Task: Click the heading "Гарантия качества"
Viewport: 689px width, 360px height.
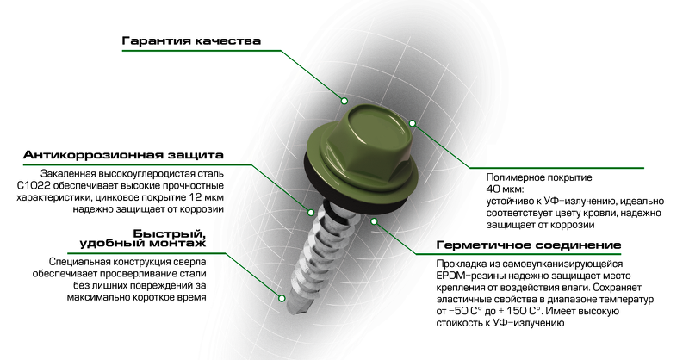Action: click(x=191, y=41)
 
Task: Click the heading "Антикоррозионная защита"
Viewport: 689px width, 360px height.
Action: click(x=123, y=155)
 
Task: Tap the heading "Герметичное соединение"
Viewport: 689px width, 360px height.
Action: click(x=529, y=245)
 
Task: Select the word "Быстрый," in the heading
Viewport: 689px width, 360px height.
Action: click(x=170, y=233)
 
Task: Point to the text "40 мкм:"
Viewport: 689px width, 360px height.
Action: click(x=505, y=189)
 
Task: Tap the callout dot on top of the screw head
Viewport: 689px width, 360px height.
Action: click(x=344, y=101)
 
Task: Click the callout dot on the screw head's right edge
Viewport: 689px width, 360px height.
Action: click(x=413, y=123)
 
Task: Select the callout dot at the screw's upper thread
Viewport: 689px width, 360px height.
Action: click(x=311, y=213)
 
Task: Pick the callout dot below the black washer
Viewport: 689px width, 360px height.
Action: click(x=374, y=221)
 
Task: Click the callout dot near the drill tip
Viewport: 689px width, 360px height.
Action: click(x=282, y=299)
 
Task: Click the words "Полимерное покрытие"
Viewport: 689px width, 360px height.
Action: click(x=539, y=178)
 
